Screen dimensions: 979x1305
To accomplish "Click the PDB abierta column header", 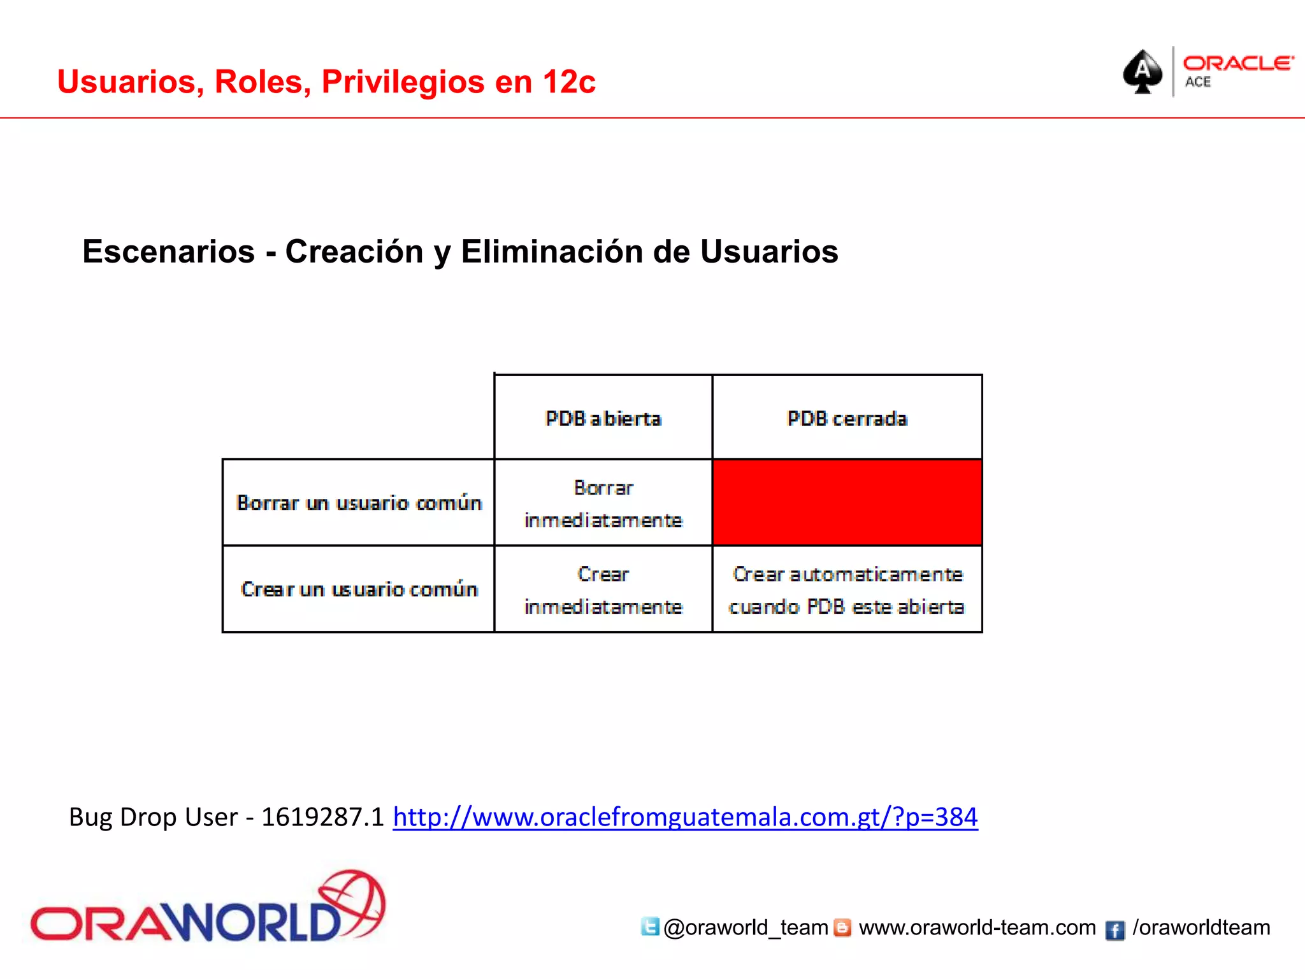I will coord(603,418).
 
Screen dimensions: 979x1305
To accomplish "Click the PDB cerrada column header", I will coord(847,418).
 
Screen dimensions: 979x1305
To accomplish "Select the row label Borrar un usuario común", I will coord(359,503).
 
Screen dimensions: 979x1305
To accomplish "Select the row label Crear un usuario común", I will coord(359,590).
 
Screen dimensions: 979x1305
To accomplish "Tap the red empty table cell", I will coord(847,503).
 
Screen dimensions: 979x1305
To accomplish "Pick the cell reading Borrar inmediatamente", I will coord(603,504).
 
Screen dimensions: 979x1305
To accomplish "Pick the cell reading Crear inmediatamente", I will coord(603,590).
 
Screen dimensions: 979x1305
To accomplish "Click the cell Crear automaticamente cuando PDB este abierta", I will coord(847,590).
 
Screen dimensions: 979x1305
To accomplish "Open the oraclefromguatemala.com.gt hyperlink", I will coord(685,817).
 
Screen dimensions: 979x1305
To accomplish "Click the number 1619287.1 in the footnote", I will coord(323,817).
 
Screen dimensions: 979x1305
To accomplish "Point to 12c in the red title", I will coord(569,82).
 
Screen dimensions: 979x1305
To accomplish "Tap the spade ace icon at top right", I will coord(1143,71).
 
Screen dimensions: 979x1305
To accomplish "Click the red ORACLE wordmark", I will coord(1237,63).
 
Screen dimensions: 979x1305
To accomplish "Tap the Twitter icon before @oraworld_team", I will coord(649,926).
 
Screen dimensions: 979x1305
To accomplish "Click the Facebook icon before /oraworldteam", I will coord(1114,930).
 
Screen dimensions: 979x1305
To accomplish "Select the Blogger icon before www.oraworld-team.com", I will coord(842,927).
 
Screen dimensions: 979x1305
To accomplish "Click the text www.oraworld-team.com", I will coord(977,927).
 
